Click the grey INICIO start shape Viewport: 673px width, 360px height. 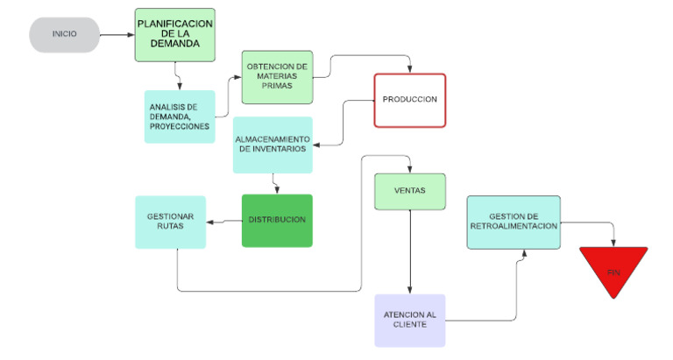tap(64, 35)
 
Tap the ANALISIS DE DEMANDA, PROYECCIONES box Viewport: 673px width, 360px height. tap(179, 116)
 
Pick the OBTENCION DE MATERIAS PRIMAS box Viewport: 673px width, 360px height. tap(277, 76)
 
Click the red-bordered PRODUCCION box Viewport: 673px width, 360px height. tap(409, 100)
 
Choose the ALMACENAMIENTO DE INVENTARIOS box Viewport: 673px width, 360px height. tap(273, 145)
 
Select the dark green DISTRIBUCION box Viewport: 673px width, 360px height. tap(277, 220)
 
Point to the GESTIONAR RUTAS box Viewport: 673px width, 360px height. tap(170, 222)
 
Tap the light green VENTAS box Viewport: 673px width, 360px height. tap(410, 192)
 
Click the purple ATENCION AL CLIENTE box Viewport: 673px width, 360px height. tap(409, 320)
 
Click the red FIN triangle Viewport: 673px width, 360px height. tap(613, 268)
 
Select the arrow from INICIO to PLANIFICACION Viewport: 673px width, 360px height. tap(117, 35)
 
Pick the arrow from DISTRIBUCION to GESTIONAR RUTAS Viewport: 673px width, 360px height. tap(223, 221)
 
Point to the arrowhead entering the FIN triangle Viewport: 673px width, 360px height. tap(613, 243)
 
